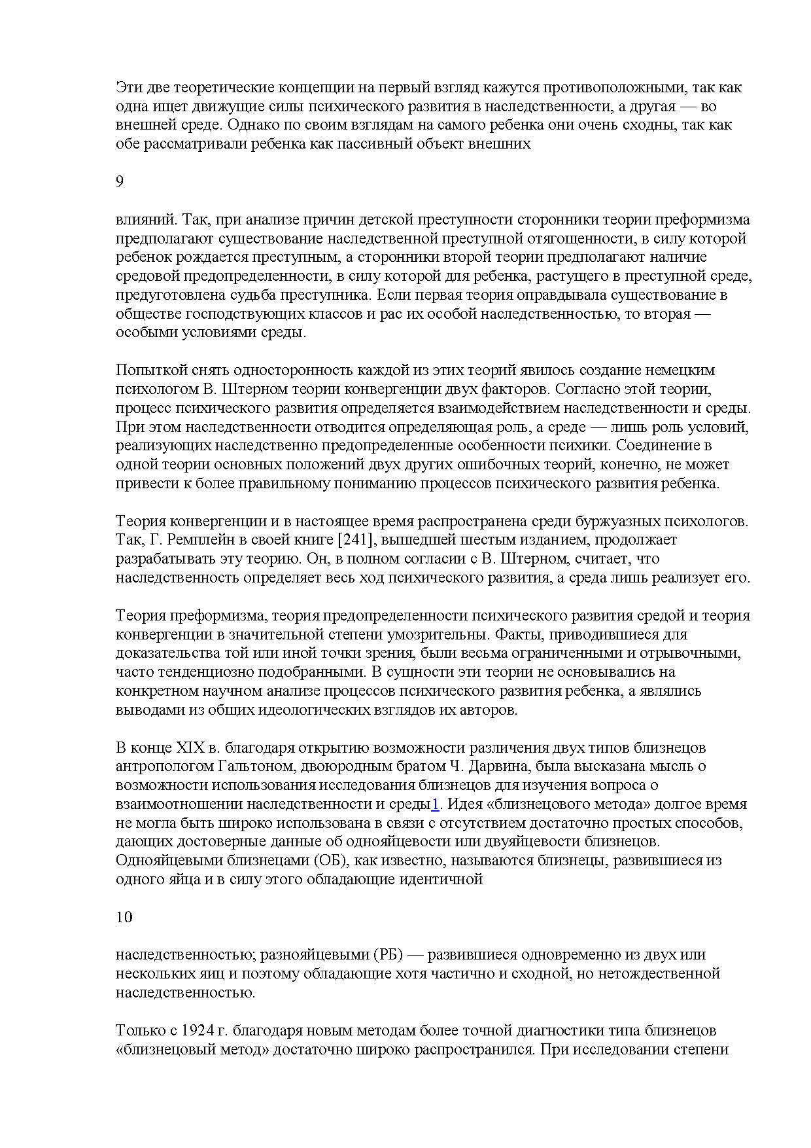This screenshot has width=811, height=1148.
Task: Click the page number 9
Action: (x=119, y=182)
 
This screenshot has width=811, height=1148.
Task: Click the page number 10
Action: (x=124, y=917)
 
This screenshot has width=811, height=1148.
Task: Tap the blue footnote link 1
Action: (x=435, y=804)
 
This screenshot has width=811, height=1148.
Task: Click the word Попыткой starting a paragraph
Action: (x=146, y=370)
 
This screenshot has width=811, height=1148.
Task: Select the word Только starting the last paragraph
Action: (x=137, y=1030)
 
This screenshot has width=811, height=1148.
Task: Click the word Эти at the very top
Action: (x=128, y=88)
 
